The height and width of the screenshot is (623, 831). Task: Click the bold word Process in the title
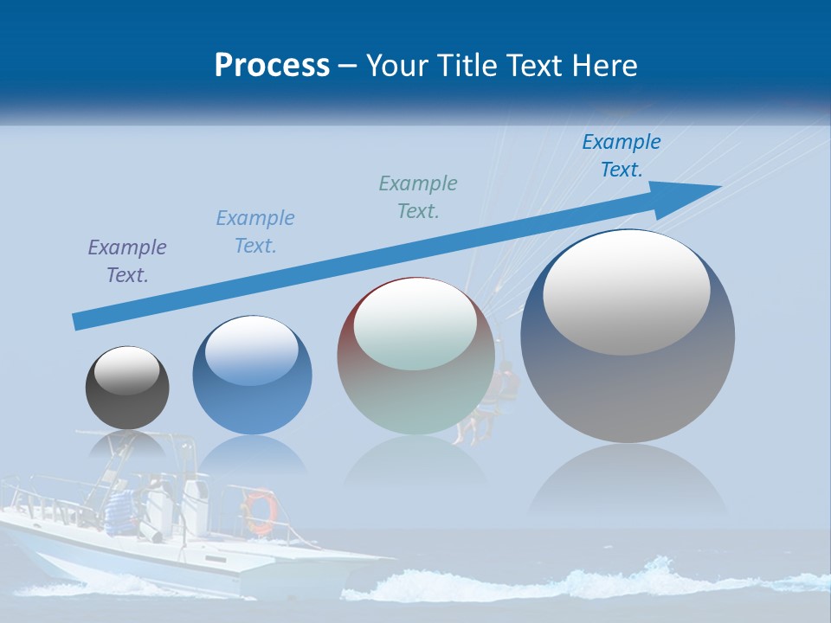272,66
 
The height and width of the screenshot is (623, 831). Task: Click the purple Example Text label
127,261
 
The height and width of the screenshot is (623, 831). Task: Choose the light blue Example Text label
255,232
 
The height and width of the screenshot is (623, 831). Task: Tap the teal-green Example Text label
418,197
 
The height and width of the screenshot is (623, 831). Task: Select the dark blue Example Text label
622,156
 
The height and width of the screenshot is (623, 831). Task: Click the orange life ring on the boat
259,511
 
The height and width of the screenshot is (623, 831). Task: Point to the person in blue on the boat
122,506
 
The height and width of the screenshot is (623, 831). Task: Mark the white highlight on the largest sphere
626,290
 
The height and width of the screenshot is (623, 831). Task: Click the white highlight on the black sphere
126,370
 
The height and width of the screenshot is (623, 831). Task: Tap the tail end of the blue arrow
80,321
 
